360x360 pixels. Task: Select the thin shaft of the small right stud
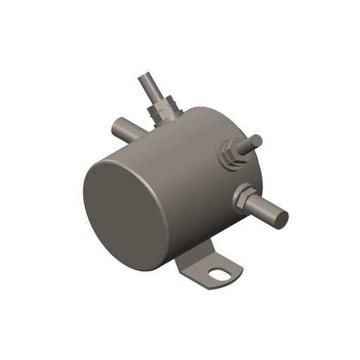click(247, 145)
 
